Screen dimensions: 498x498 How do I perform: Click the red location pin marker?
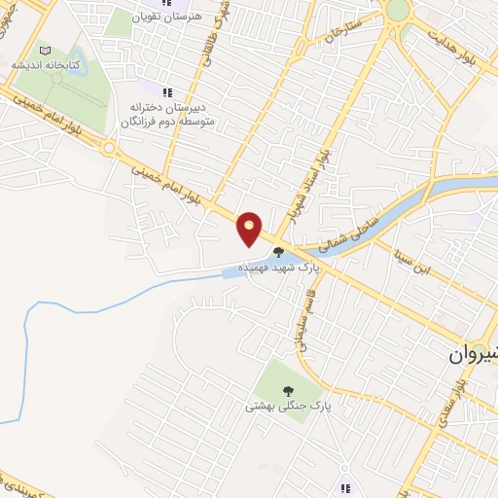pyautogui.click(x=250, y=228)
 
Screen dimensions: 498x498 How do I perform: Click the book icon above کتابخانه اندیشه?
pyautogui.click(x=44, y=50)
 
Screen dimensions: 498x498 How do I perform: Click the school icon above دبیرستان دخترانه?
pyautogui.click(x=167, y=91)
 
